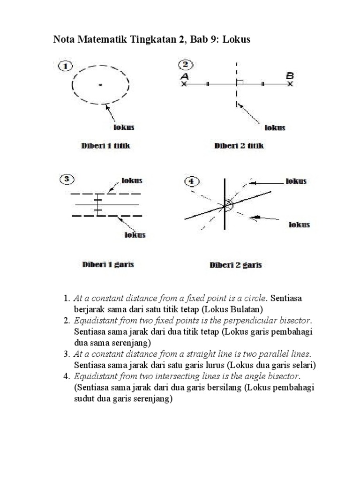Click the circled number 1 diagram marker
pos(66,67)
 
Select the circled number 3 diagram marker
pos(67,179)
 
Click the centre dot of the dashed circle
pos(100,85)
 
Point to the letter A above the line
pos(184,76)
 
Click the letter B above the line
pos(290,75)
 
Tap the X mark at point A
pos(184,84)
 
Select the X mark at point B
pos(291,84)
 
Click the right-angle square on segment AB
pos(240,82)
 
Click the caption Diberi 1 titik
pos(106,146)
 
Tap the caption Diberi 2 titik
pos(239,146)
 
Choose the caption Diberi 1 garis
pos(108,264)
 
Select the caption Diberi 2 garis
pos(235,265)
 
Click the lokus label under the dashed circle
pos(124,127)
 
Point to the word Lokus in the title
pos(237,40)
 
